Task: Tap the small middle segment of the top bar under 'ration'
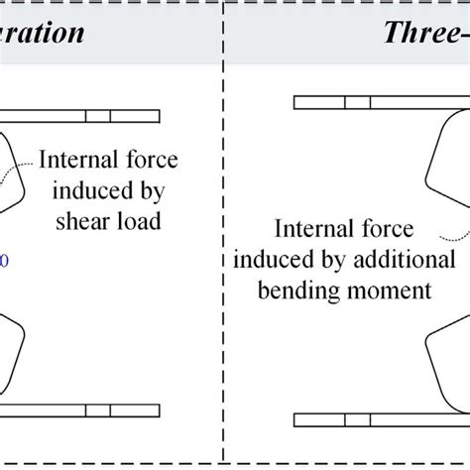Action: (98, 116)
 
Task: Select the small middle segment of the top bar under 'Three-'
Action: (356, 101)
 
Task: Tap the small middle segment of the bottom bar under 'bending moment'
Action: (356, 411)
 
